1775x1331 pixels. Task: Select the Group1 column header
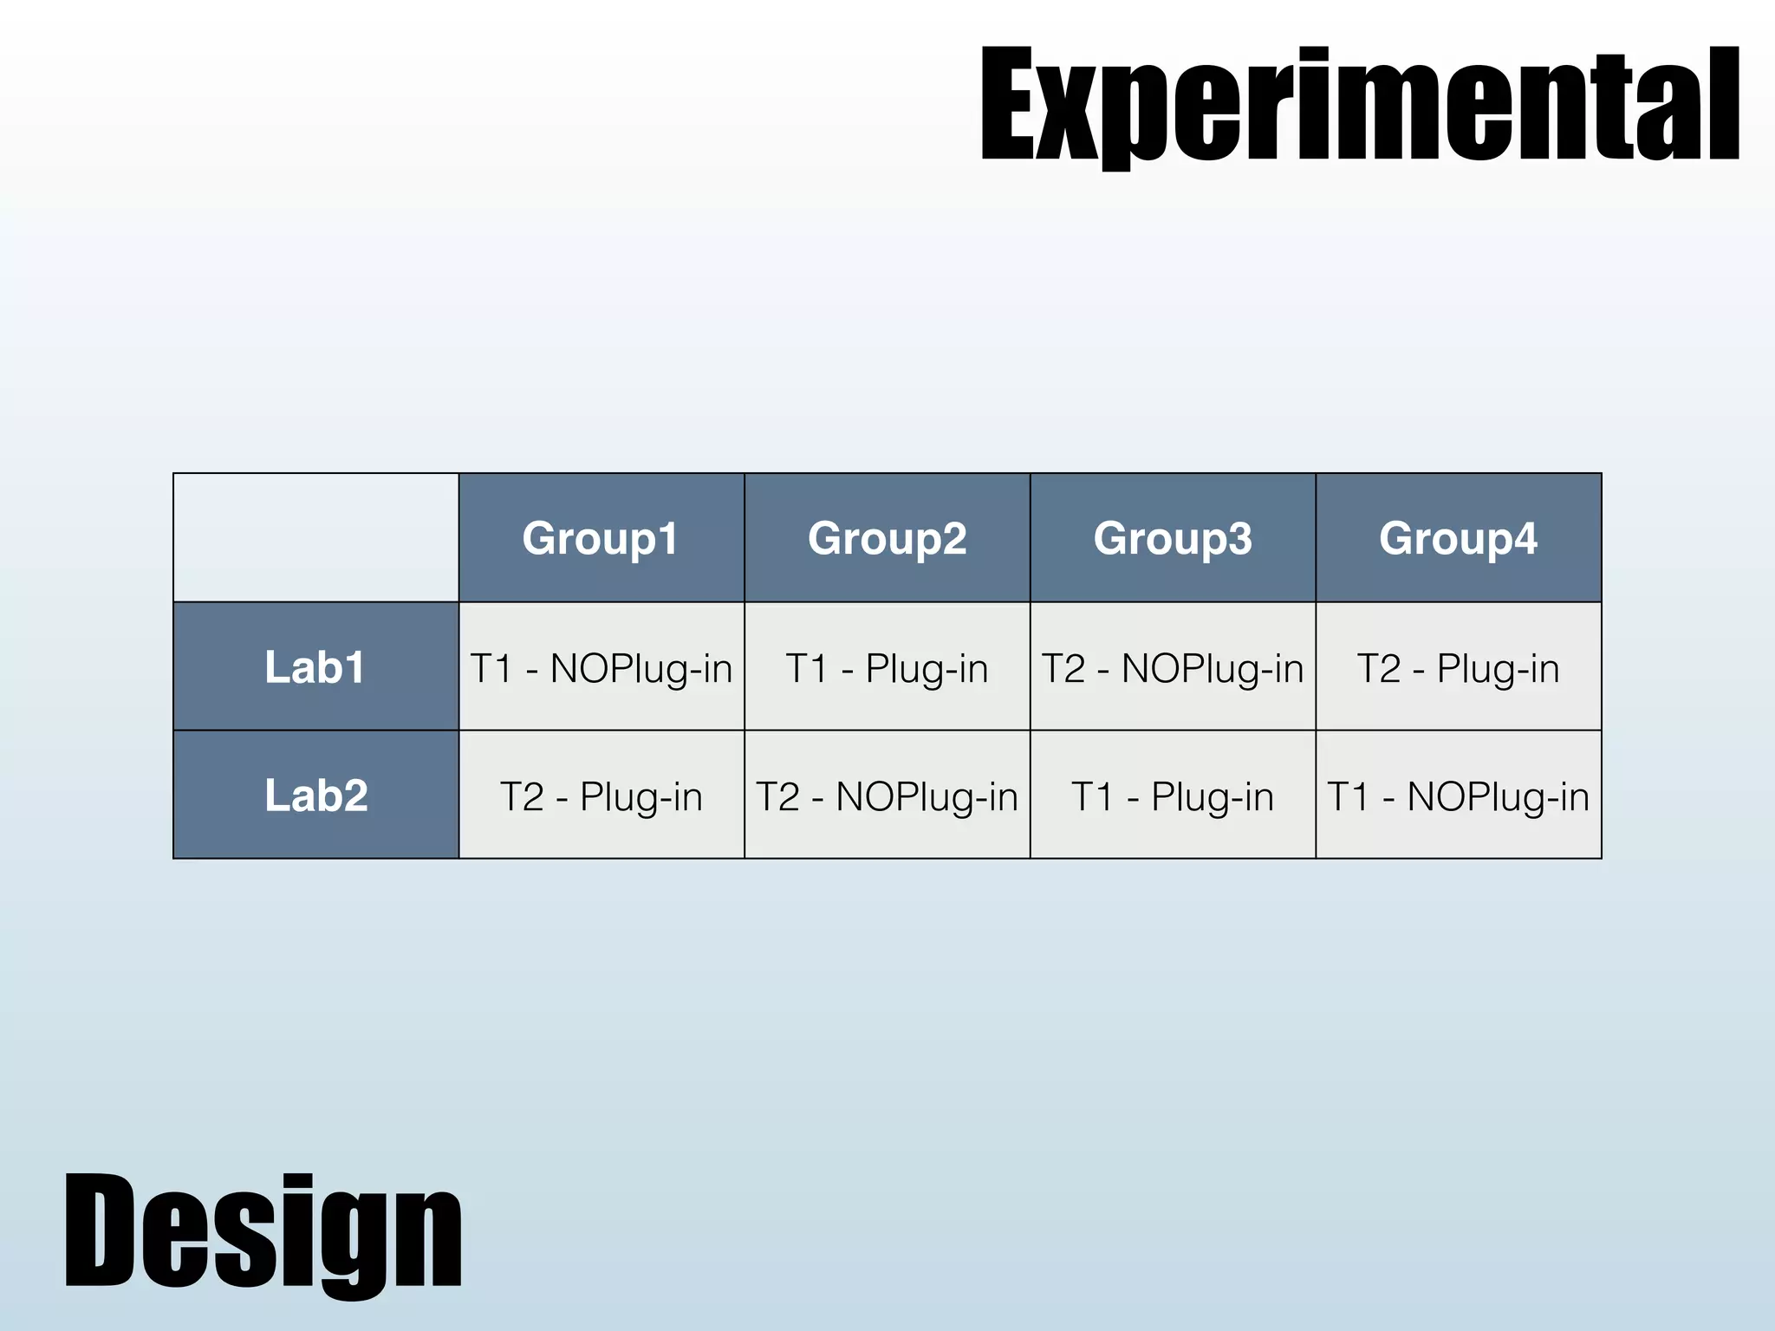(x=601, y=538)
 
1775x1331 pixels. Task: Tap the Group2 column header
(x=887, y=538)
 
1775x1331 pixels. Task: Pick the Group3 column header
(x=1173, y=538)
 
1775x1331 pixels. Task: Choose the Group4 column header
(x=1458, y=538)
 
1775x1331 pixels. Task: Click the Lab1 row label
(x=315, y=667)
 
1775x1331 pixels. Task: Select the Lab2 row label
(x=315, y=795)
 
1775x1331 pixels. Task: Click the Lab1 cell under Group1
(x=601, y=668)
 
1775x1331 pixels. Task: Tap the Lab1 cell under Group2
(x=887, y=668)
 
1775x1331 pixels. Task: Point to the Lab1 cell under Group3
(x=1173, y=668)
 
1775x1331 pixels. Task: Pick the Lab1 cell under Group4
(x=1458, y=668)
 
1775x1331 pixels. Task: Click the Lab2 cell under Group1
(x=601, y=796)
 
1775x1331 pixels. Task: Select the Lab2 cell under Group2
(x=887, y=796)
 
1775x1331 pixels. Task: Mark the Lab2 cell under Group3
(x=1173, y=796)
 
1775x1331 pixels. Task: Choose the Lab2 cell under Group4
(x=1458, y=796)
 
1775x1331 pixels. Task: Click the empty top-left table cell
(x=315, y=537)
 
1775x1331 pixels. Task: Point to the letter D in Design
(x=99, y=1230)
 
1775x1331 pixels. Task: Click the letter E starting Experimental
(x=1010, y=106)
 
